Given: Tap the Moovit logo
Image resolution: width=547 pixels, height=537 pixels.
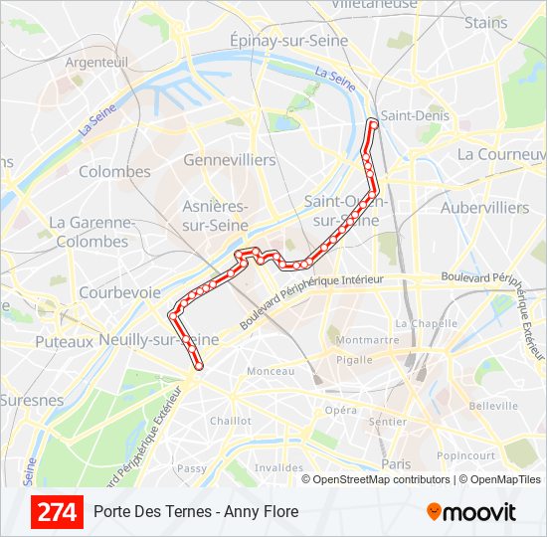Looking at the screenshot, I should click(471, 512).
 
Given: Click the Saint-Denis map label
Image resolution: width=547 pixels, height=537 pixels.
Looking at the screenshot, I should click(415, 116).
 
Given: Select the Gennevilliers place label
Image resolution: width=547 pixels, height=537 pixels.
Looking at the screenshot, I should click(230, 160).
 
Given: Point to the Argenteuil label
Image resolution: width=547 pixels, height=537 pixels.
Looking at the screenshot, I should click(96, 62).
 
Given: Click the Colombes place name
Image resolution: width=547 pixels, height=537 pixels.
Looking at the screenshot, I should click(114, 172).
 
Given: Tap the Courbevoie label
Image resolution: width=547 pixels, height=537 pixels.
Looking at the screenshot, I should click(119, 292).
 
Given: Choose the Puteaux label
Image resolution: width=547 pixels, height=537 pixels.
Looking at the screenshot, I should click(63, 341).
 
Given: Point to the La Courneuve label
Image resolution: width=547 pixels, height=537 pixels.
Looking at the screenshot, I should click(501, 155).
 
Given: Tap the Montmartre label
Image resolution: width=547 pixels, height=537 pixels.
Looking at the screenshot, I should click(368, 339).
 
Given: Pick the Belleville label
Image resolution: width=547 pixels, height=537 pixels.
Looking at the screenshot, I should click(494, 406).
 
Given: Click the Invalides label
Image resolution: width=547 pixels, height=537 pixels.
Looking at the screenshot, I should click(277, 467).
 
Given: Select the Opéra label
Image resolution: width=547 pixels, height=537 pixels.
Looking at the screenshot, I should click(340, 410).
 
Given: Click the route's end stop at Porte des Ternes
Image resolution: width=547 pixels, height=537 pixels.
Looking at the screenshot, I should click(198, 366).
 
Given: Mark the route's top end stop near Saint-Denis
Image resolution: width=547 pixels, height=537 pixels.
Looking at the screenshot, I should click(373, 123).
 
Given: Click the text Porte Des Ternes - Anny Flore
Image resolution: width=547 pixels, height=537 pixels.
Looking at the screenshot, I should click(196, 512).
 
